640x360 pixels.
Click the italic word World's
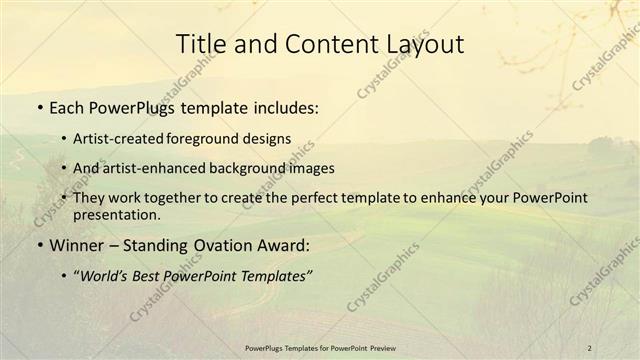click(x=105, y=276)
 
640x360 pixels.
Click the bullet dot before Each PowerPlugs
click(x=39, y=106)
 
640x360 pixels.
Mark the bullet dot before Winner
click(x=39, y=246)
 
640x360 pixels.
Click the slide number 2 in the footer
click(x=589, y=347)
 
